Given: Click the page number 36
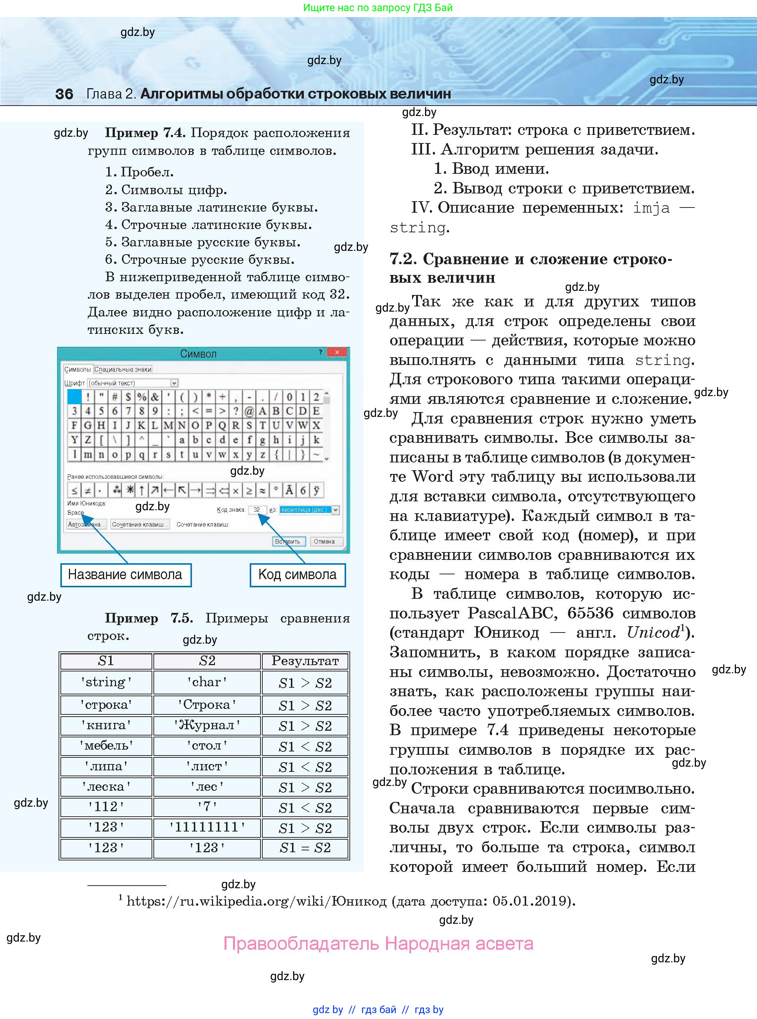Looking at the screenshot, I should (x=64, y=94).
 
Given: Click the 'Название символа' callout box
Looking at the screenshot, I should (x=126, y=575).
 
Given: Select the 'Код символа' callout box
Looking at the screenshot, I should (x=298, y=575).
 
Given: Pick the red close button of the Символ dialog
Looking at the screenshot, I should (x=337, y=352).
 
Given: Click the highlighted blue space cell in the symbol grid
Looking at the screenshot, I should (x=74, y=396).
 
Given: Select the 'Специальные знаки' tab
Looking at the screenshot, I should (x=122, y=369).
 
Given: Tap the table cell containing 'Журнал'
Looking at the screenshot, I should (x=207, y=725).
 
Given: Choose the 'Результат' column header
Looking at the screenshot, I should (x=305, y=661).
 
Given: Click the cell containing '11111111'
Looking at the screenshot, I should (x=207, y=827).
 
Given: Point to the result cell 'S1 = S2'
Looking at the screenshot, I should (x=305, y=848).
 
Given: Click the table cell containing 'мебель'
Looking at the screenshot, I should (x=106, y=746).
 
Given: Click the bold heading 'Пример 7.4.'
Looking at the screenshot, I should (x=145, y=133).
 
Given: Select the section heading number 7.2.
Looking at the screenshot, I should (x=403, y=259).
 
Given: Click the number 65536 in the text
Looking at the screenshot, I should (x=590, y=613).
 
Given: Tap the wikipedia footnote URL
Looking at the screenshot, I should (x=257, y=901).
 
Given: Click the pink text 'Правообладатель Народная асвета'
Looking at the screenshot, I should (x=378, y=944).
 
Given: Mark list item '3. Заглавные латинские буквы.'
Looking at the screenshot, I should (x=211, y=207).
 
